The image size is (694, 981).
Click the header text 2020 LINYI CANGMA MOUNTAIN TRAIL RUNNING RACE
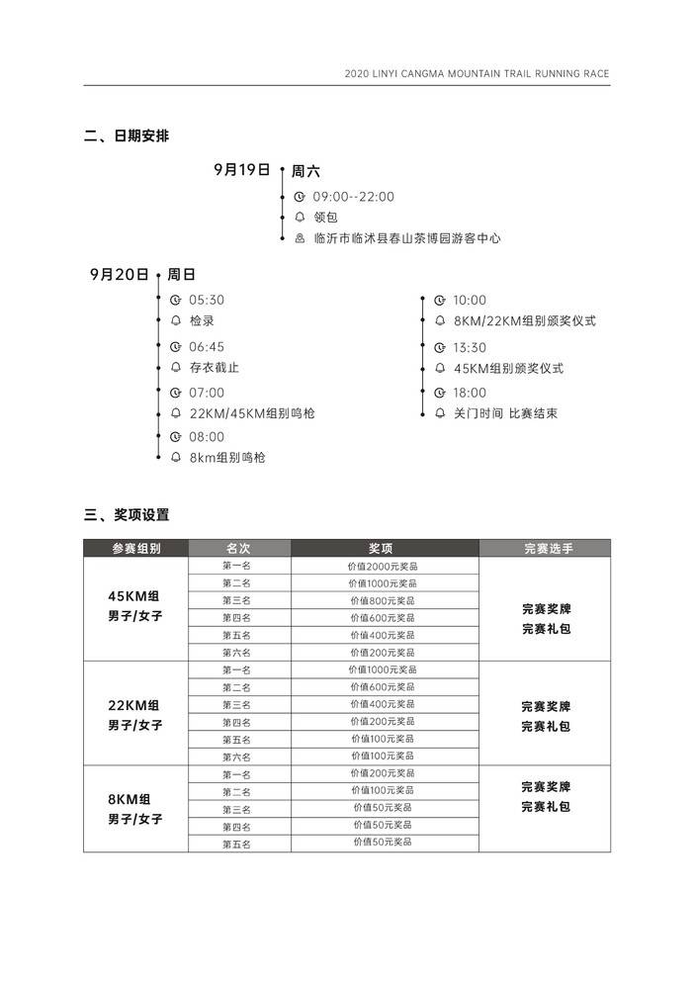(477, 74)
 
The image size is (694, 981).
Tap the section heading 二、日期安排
(127, 136)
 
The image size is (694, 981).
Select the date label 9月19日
(242, 169)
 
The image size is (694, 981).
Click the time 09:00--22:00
(354, 197)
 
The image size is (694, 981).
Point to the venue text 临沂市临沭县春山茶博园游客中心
(407, 238)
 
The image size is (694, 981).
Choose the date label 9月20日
(119, 274)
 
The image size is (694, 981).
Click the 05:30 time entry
(207, 301)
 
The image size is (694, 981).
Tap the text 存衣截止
(215, 368)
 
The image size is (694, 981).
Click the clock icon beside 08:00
(176, 437)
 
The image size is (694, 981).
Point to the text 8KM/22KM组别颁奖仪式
(525, 321)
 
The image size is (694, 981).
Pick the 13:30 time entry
(471, 348)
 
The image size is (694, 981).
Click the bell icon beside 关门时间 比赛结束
(440, 413)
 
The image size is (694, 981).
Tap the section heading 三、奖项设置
(127, 515)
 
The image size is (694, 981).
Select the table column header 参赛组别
(135, 548)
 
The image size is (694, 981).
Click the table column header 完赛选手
(545, 548)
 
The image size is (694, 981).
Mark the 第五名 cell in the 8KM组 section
(237, 844)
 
